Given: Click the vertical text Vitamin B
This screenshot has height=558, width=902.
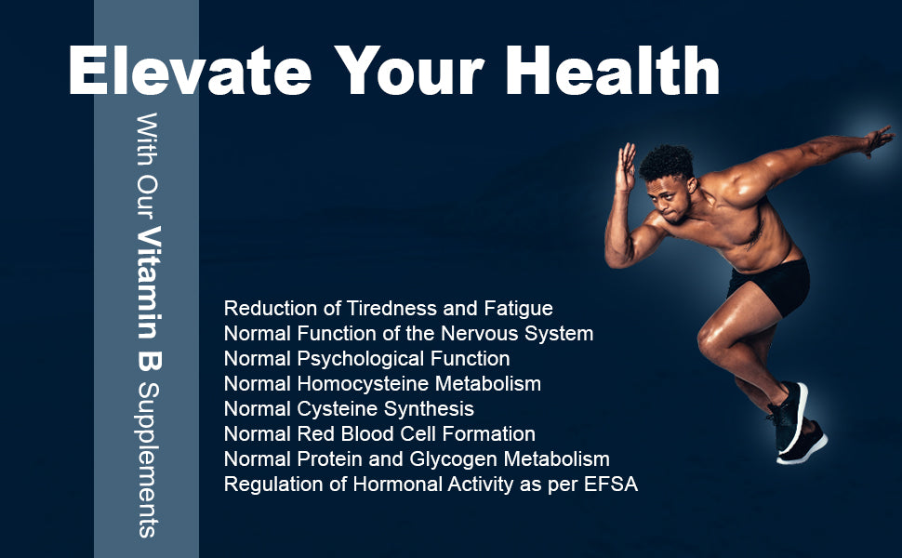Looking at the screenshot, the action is (149, 298).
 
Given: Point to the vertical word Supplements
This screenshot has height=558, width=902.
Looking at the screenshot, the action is (148, 460).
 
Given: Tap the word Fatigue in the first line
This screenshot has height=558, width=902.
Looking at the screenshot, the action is (518, 309).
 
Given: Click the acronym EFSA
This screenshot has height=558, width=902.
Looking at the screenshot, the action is (611, 485).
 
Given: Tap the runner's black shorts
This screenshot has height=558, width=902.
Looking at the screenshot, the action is (770, 286).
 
